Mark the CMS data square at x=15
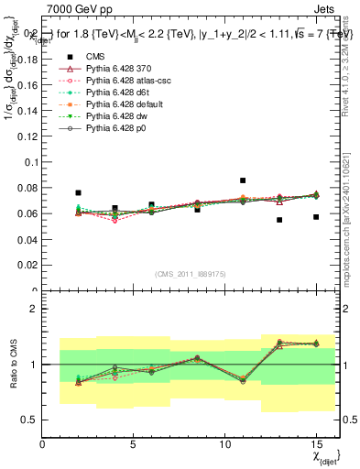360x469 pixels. [316, 217]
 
